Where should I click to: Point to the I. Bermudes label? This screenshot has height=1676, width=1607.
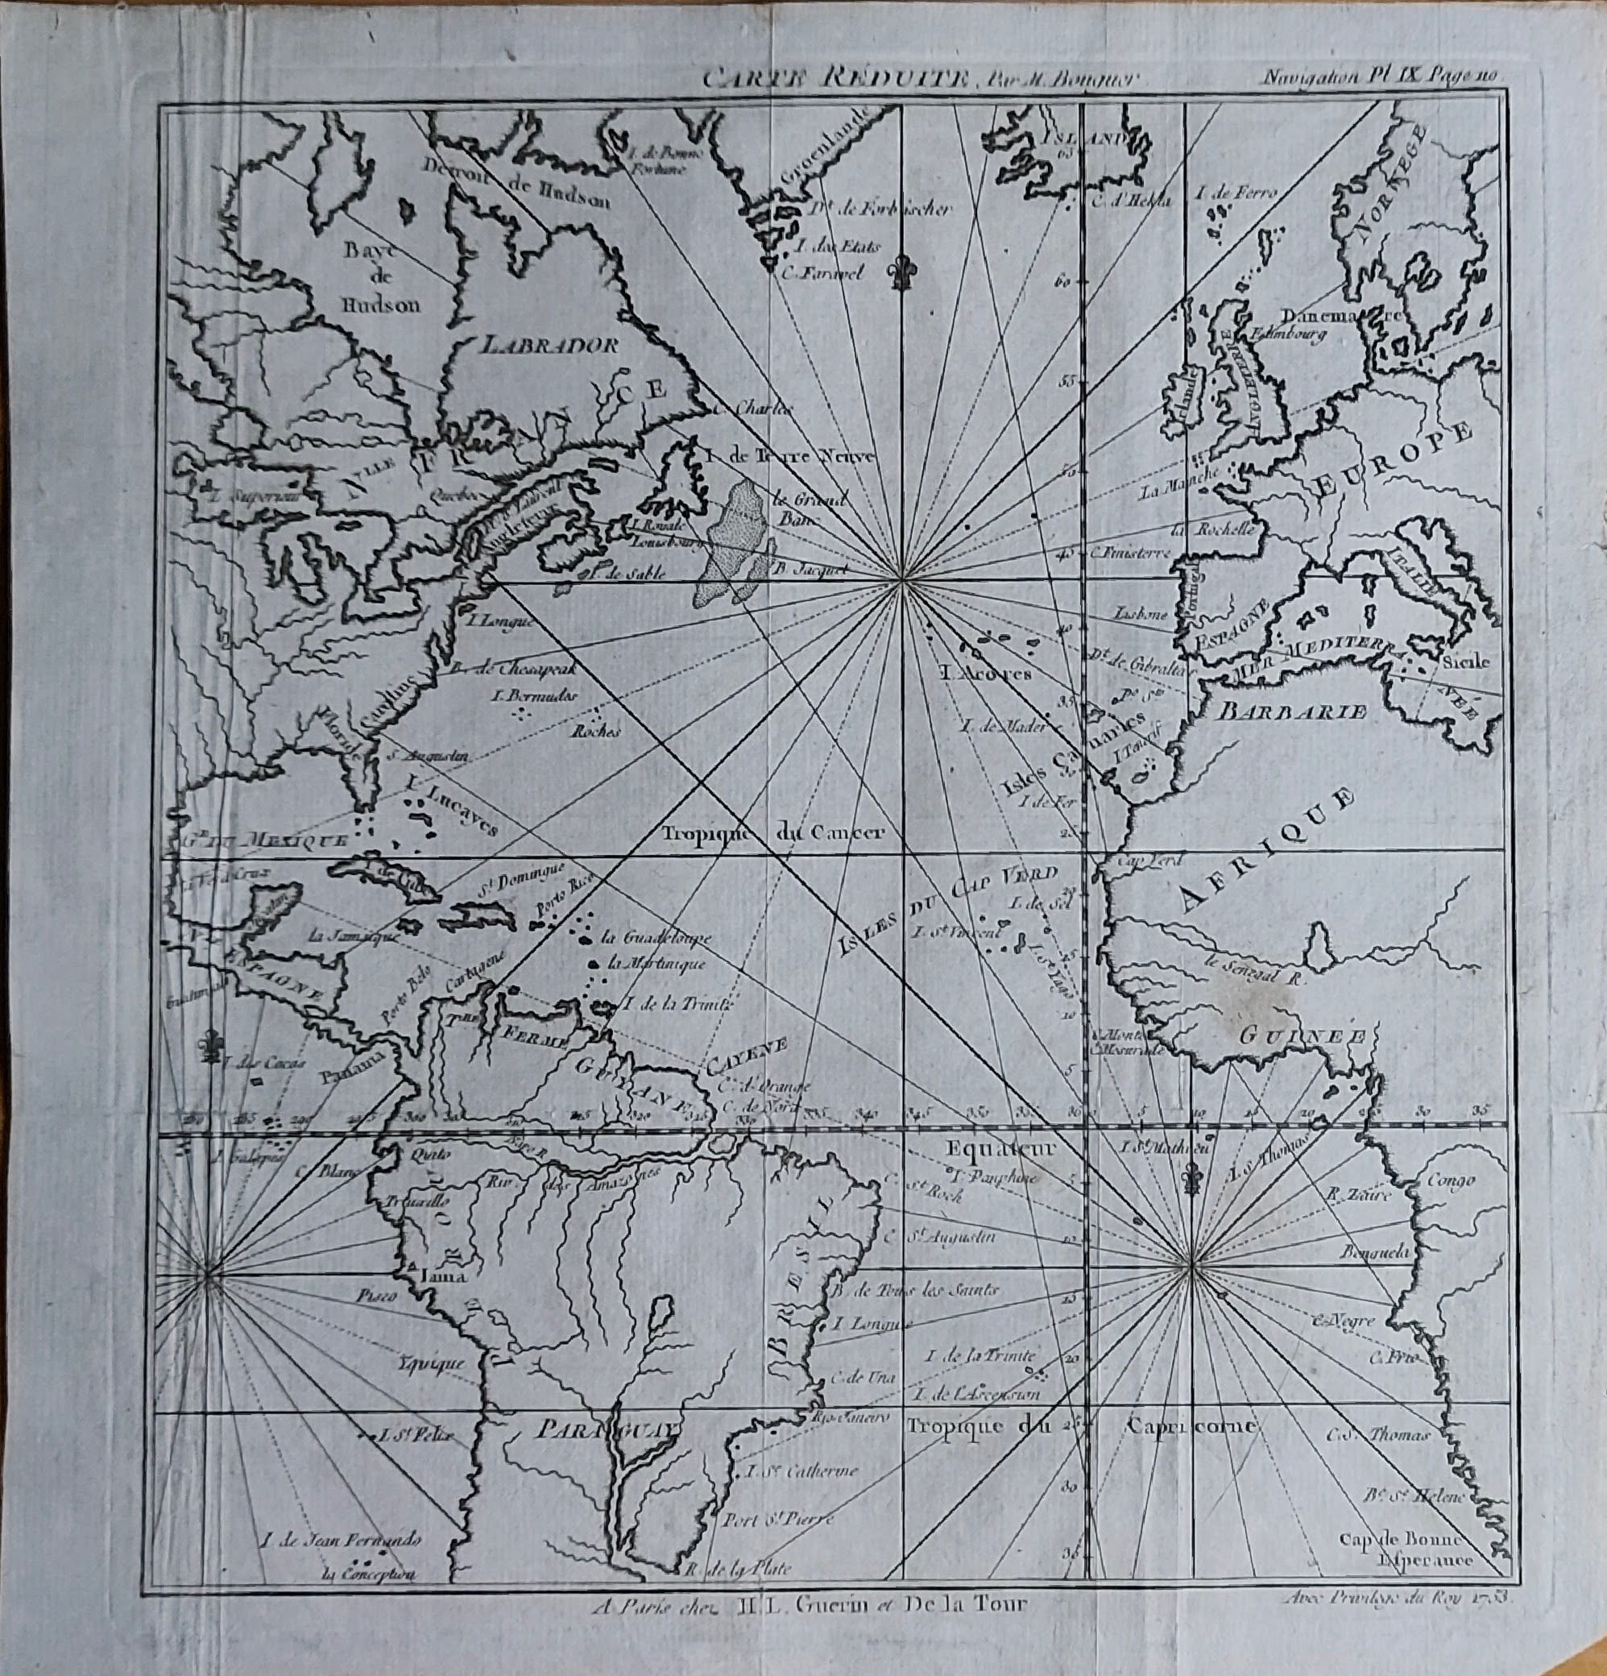[x=535, y=695]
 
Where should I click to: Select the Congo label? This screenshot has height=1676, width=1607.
[x=1451, y=1181]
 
